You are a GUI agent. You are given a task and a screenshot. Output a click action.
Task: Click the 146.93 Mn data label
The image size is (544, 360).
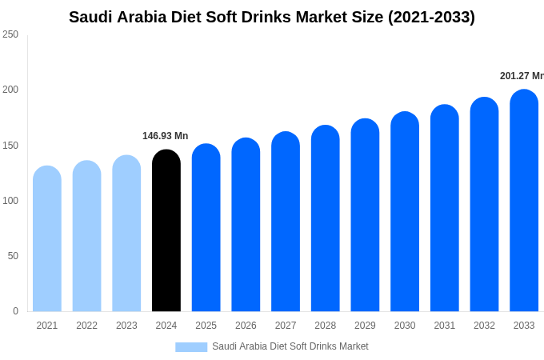point(165,136)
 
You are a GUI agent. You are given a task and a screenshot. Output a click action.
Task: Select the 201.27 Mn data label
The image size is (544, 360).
point(522,76)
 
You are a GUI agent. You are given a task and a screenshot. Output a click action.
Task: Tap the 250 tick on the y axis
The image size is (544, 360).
point(10,34)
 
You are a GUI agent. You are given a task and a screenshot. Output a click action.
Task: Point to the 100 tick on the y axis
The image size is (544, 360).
point(10,201)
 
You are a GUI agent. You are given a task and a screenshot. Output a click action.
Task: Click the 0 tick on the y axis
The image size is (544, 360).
point(15,311)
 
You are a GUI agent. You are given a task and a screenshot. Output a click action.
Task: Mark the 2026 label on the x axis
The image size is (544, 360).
point(246,326)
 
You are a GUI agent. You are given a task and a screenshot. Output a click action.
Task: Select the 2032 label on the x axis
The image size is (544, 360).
point(484,326)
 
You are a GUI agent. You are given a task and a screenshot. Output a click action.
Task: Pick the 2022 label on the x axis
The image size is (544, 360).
point(86,326)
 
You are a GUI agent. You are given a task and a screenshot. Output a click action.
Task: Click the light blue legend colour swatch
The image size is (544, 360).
point(191,346)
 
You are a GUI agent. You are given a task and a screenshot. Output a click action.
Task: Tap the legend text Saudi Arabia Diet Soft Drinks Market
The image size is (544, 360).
point(290,346)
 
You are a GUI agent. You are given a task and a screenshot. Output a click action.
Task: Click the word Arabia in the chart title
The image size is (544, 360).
point(148,17)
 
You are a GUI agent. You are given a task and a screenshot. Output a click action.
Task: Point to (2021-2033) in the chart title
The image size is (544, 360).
point(431,17)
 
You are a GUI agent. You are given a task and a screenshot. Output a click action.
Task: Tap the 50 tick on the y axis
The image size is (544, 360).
point(13,256)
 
